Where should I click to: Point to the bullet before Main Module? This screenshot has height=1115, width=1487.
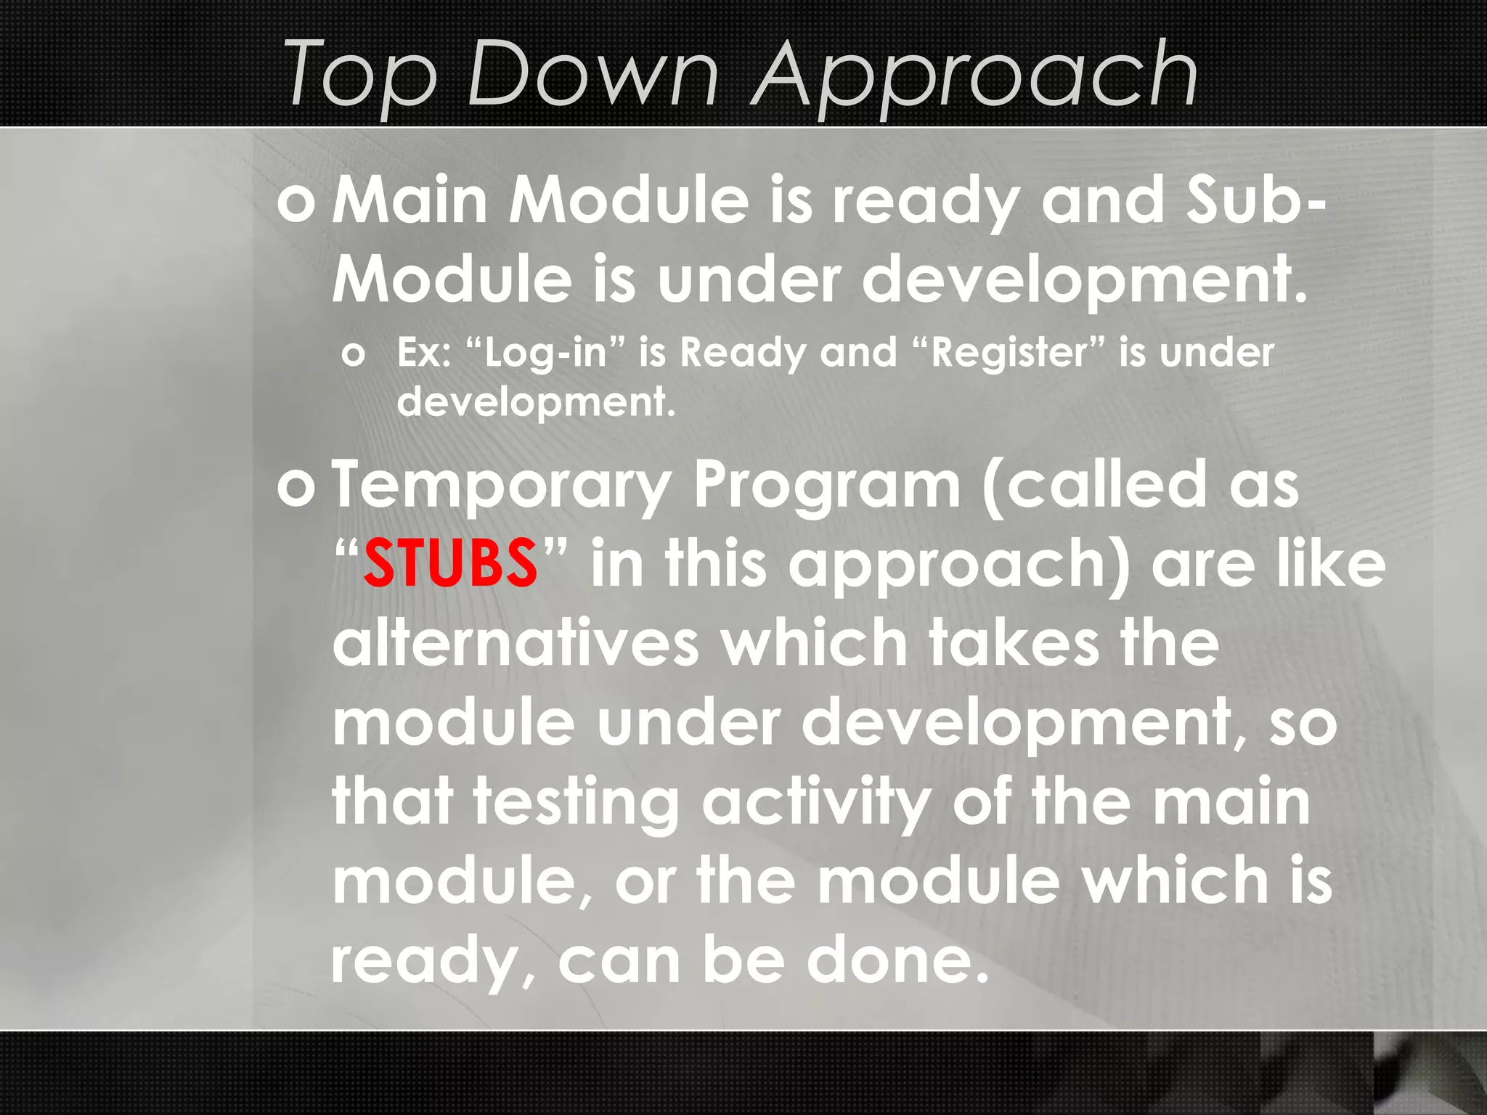(x=296, y=203)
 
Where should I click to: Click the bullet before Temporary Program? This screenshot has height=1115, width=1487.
(x=296, y=487)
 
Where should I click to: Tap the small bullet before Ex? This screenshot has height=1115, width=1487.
(x=354, y=355)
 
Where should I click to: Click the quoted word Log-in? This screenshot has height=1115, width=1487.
(x=545, y=354)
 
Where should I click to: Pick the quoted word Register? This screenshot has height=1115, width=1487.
(x=1010, y=354)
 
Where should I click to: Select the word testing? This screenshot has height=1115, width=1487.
(x=577, y=804)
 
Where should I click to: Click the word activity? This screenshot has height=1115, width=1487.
(x=816, y=804)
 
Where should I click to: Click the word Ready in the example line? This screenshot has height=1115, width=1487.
(x=743, y=354)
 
